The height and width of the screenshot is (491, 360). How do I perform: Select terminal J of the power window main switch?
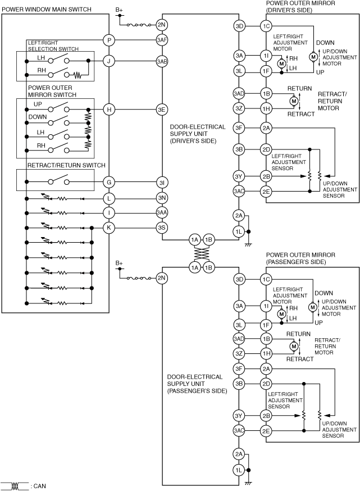pos(109,61)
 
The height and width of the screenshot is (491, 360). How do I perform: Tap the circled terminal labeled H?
pos(109,110)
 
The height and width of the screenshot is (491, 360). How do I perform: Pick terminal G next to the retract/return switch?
pos(109,181)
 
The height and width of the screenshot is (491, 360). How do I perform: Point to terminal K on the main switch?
pos(109,227)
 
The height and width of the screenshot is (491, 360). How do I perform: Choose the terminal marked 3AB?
pos(162,61)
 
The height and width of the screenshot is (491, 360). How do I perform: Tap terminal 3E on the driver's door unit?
pos(162,110)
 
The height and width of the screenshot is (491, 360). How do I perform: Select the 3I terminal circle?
pos(162,181)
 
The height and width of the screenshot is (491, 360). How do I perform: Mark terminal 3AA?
pos(162,212)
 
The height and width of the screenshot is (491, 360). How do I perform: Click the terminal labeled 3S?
pos(162,227)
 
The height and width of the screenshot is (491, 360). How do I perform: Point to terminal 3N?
pos(162,198)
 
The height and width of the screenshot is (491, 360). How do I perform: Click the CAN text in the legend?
pos(39,485)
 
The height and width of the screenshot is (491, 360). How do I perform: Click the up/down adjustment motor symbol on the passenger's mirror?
pos(312,307)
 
